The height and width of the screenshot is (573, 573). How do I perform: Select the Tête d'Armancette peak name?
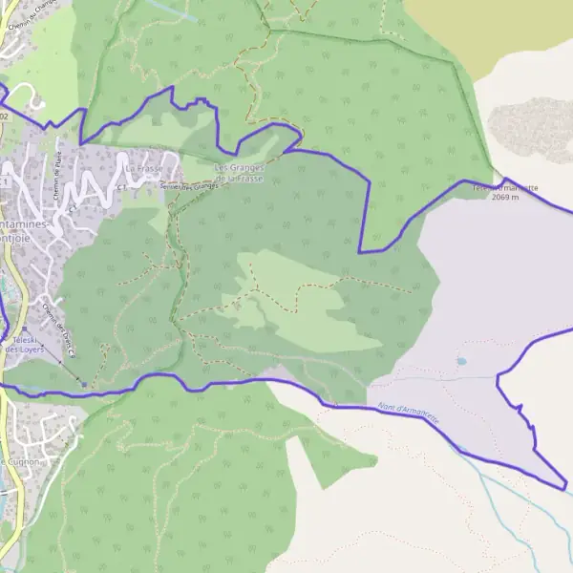click(505, 188)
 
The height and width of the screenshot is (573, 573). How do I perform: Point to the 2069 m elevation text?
click(504, 198)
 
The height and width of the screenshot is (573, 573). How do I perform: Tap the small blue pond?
click(461, 362)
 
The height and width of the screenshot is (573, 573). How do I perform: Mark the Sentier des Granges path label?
click(189, 186)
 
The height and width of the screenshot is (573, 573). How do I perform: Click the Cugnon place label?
click(19, 462)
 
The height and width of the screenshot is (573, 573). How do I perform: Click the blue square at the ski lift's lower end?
click(83, 385)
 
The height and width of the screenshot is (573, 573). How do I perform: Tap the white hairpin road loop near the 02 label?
click(34, 96)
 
